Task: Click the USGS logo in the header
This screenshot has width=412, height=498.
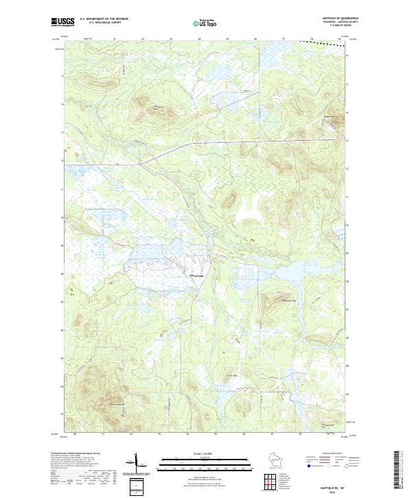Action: pos(62,23)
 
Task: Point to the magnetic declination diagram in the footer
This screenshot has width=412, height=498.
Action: pos(137,464)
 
